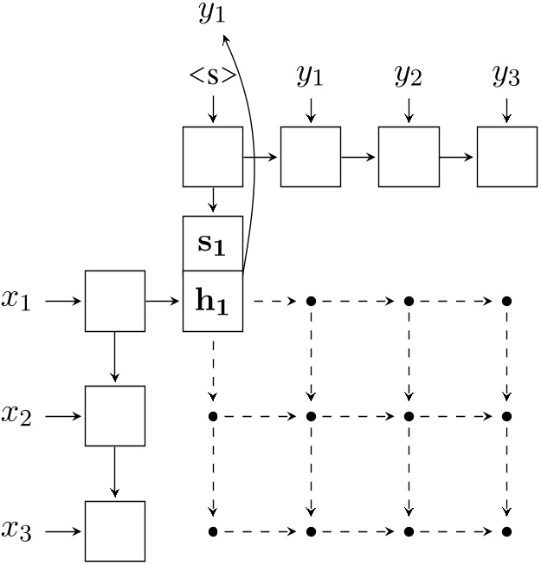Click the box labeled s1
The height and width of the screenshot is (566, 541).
(x=213, y=244)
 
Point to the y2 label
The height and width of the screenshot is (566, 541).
(x=409, y=76)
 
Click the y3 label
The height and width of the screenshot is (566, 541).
(x=506, y=76)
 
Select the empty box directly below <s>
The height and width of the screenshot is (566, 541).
(x=213, y=157)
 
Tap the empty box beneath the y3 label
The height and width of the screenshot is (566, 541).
(x=506, y=157)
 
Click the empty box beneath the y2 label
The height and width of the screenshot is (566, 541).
(x=409, y=157)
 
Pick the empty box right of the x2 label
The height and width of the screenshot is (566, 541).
(x=114, y=416)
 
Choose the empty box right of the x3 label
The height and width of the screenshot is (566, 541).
(x=114, y=530)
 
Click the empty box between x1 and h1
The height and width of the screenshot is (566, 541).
(x=114, y=301)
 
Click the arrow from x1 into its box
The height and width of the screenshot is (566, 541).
(x=63, y=301)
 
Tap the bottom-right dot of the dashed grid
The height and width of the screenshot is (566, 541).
(x=507, y=530)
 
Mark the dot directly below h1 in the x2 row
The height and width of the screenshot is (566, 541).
(x=213, y=416)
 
